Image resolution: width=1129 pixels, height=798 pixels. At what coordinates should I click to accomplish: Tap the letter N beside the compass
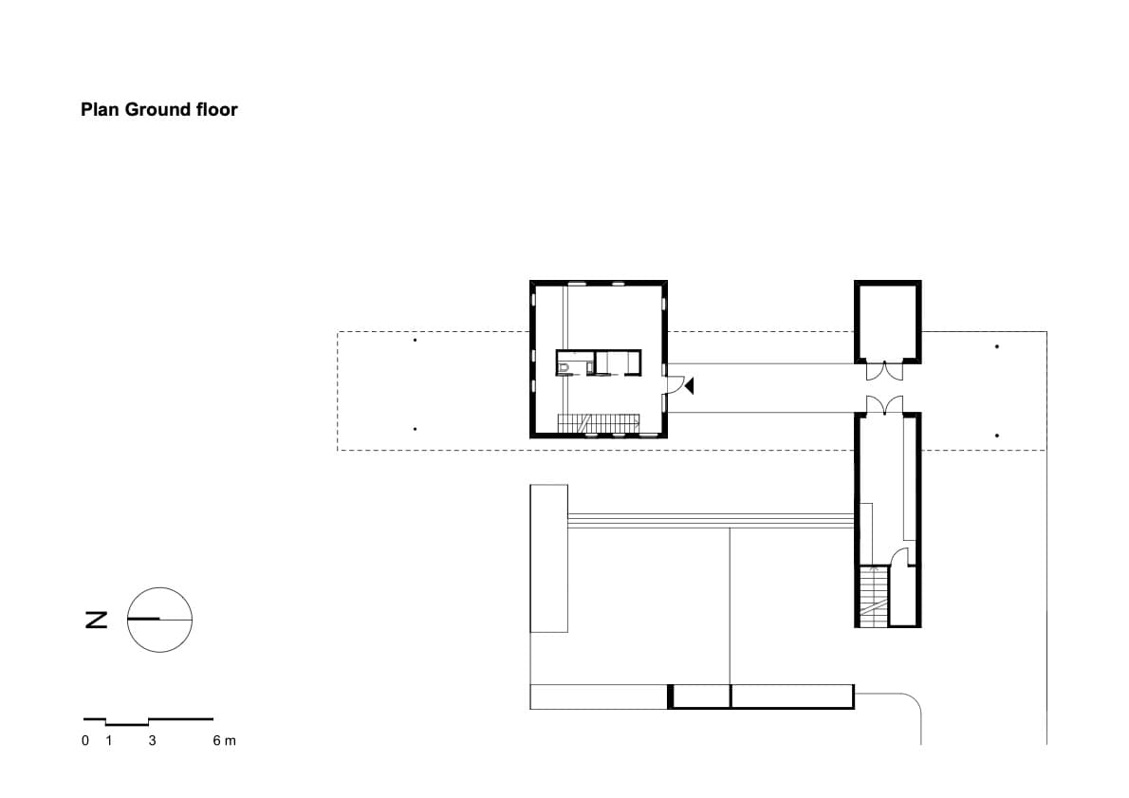95,620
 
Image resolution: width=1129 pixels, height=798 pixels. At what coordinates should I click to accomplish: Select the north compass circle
160,620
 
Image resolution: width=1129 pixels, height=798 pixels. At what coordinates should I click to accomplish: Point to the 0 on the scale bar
85,740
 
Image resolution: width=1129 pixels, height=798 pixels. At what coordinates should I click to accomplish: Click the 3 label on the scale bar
152,740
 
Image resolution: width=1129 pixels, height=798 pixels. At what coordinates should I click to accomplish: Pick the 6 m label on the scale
224,740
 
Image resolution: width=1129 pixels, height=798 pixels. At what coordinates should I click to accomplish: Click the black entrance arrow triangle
691,385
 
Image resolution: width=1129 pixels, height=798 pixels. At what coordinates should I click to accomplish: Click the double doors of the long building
886,406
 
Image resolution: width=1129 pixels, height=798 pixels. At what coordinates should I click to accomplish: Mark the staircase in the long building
873,596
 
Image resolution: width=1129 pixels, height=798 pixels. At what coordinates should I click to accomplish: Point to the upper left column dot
415,339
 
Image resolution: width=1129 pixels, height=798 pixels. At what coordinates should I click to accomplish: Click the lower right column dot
997,435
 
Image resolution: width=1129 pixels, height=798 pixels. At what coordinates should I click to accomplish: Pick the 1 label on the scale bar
108,740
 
